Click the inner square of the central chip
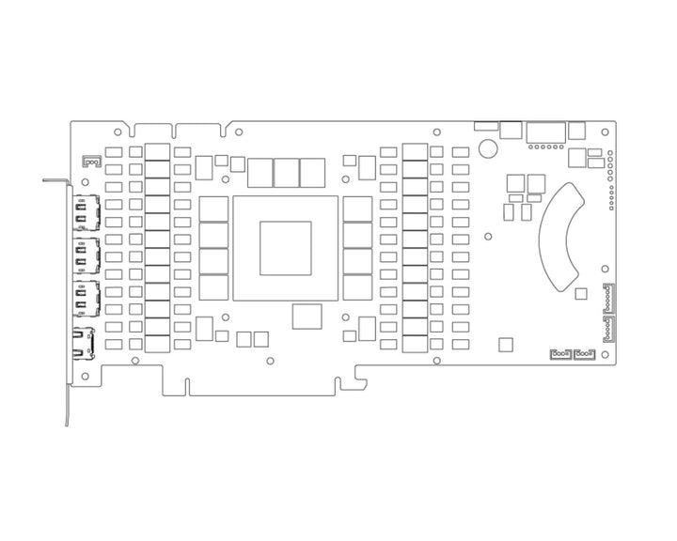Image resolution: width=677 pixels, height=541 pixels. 285,248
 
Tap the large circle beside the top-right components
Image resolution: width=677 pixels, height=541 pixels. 488,147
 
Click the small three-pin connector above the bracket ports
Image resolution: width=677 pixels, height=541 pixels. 92,162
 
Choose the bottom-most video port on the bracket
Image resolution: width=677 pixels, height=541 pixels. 84,345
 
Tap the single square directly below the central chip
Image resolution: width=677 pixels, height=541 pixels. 307,317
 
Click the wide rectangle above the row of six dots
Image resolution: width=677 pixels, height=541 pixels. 546,131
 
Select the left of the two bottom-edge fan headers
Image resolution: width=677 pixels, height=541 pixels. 559,353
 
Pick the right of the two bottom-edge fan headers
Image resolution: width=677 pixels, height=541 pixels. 585,353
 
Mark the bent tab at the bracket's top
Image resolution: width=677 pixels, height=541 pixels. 55,179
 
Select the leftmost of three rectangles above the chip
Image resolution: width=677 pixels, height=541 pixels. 260,172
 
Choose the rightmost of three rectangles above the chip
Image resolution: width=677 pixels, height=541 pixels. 312,172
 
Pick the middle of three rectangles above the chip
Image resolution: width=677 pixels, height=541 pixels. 286,172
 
